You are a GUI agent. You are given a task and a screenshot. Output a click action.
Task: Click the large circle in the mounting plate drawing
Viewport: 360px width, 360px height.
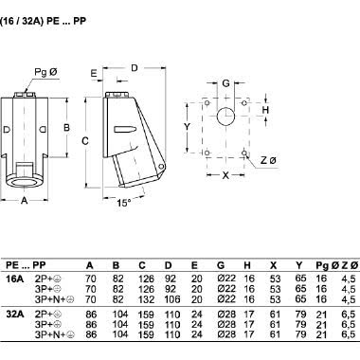225,117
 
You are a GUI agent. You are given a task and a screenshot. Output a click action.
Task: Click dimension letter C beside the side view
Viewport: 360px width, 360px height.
85,139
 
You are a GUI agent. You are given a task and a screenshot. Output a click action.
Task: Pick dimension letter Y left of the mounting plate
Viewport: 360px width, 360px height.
188,126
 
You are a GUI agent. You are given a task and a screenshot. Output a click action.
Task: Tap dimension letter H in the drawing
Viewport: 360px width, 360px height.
266,110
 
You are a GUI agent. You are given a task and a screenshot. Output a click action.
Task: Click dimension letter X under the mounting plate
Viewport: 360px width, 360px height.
225,175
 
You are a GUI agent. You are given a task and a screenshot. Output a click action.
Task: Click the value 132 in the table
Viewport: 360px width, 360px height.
141,298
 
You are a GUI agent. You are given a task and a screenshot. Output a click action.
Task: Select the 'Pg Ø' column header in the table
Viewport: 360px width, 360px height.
322,265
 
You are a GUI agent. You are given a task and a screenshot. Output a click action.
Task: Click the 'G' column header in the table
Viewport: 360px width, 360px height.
220,265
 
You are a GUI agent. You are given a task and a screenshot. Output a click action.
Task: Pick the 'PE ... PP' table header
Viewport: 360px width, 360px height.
29,265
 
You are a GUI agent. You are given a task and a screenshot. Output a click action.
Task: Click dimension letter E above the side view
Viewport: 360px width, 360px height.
95,73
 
